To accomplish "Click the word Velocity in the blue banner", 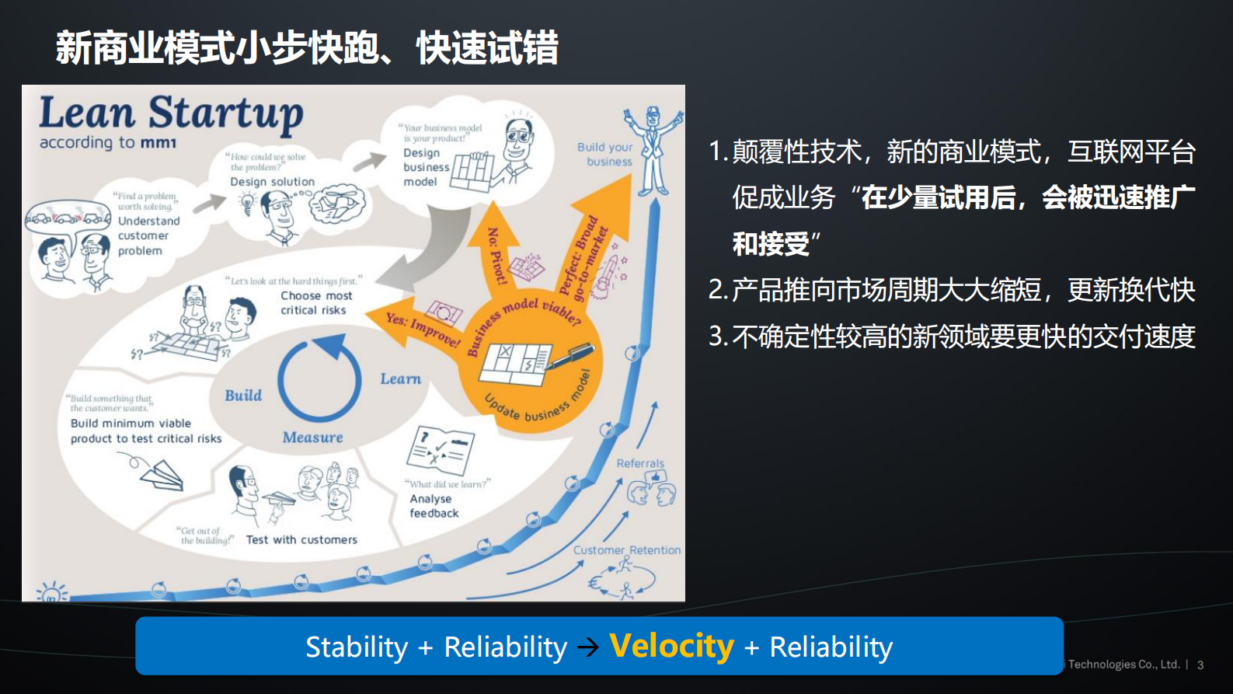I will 671,646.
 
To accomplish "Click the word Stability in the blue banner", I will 357,647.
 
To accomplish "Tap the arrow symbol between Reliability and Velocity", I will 588,647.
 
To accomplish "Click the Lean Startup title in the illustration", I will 171,113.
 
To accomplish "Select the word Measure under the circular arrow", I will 312,438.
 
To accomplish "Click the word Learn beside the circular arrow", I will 400,379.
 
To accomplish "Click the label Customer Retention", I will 626,550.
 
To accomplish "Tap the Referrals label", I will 640,463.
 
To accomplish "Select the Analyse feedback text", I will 434,506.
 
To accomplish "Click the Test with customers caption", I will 301,539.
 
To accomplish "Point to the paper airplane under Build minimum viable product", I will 163,473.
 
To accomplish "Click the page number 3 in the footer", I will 1200,665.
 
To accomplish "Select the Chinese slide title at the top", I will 307,48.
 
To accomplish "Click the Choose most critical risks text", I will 315,302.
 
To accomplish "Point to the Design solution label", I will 272,182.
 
